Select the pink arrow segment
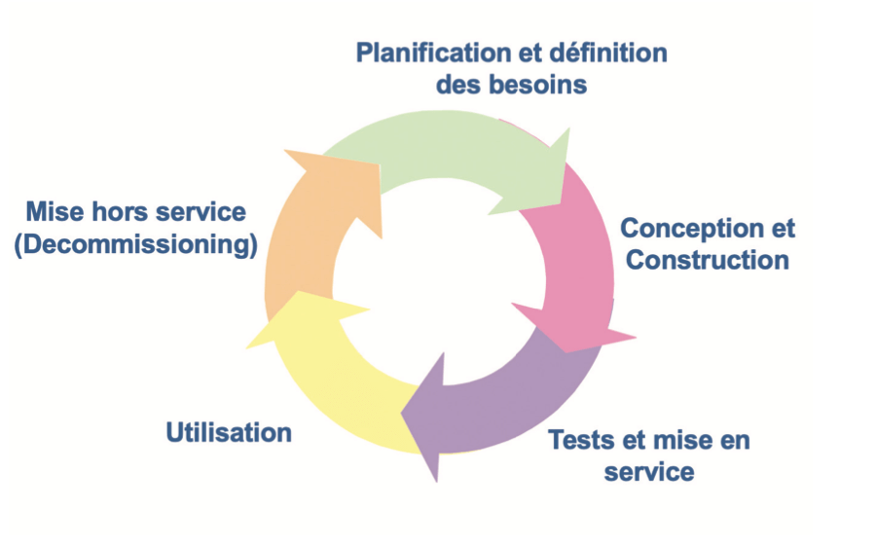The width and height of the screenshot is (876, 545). [x=581, y=263]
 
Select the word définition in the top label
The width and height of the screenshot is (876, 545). [x=608, y=54]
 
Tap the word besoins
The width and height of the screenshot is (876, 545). [x=538, y=85]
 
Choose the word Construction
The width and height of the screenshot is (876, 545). [x=708, y=261]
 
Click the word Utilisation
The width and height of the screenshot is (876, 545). [x=229, y=433]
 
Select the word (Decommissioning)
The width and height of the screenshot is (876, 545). [x=135, y=245]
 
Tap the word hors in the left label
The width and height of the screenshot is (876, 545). [x=118, y=212]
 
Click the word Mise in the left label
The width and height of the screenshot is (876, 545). [x=55, y=212]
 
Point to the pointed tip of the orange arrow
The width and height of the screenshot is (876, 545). [x=284, y=150]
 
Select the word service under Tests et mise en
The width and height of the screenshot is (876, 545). [x=649, y=473]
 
